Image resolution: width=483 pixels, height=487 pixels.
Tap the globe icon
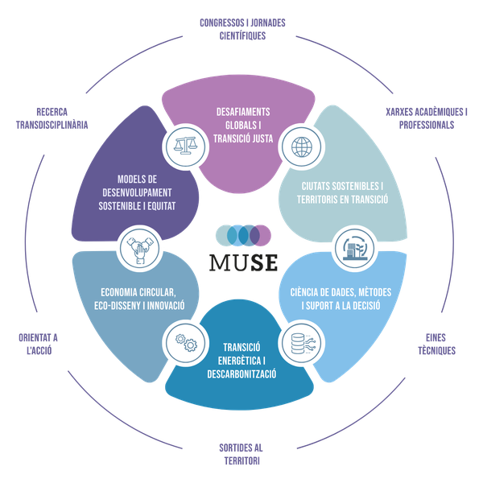point(301,148)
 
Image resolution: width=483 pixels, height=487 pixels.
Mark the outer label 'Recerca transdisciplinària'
point(51,119)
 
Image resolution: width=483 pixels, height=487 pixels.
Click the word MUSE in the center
point(242,262)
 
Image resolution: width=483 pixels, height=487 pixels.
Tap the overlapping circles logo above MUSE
point(242,235)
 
